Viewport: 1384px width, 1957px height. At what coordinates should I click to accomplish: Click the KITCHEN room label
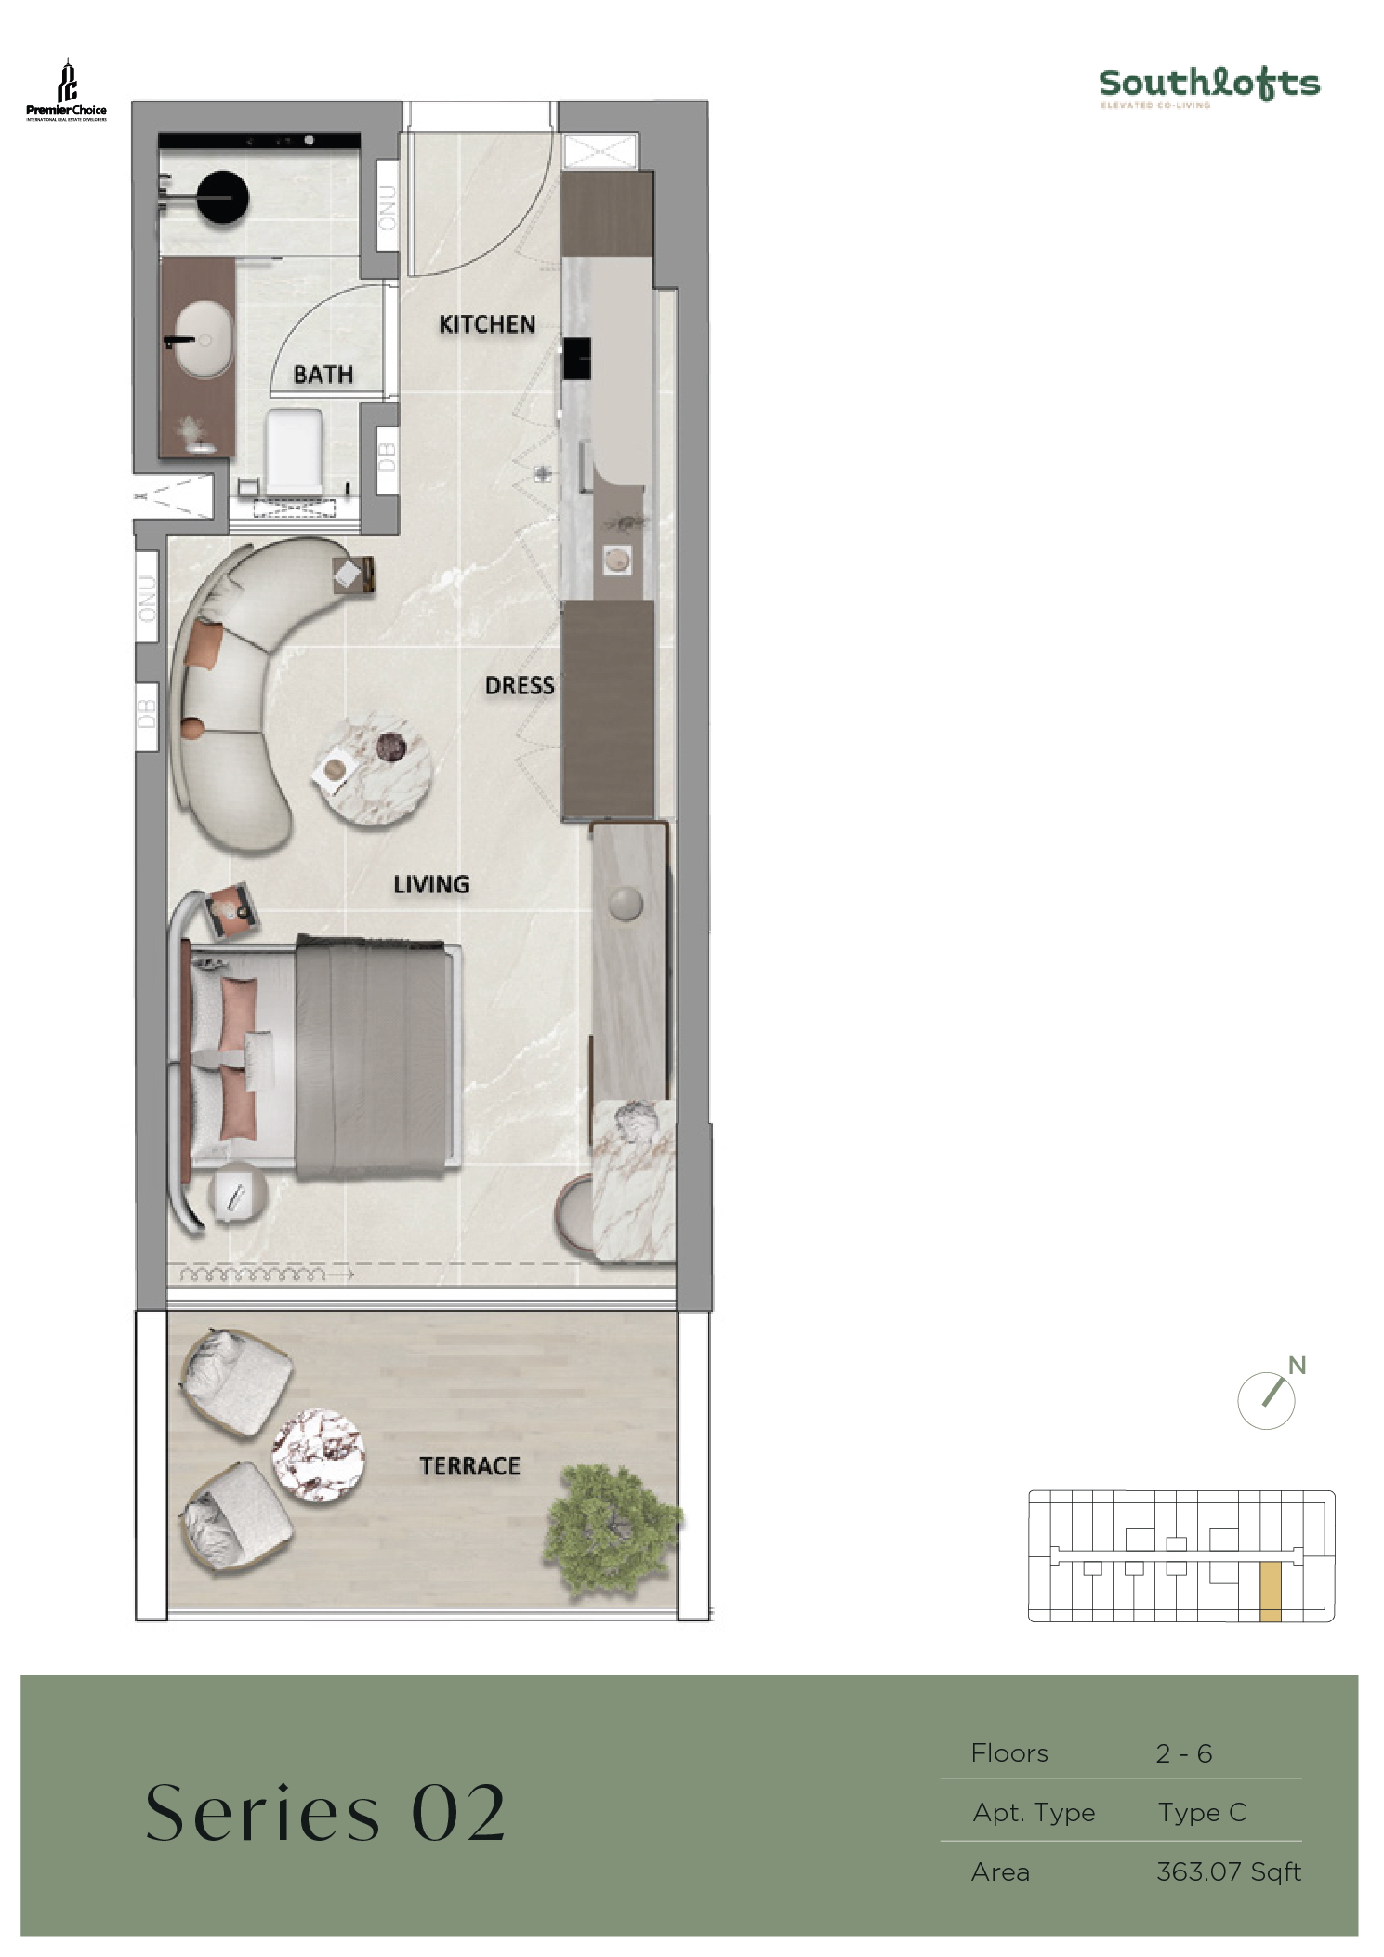pyautogui.click(x=487, y=324)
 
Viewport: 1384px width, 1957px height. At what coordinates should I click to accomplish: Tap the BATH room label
pyautogui.click(x=323, y=375)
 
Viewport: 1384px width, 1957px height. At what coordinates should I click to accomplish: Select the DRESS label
pyautogui.click(x=520, y=686)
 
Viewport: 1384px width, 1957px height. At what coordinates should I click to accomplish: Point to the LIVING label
pyautogui.click(x=431, y=884)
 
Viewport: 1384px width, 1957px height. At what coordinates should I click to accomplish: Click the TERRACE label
pyautogui.click(x=469, y=1466)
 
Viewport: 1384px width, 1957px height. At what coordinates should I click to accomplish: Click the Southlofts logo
pyautogui.click(x=1208, y=86)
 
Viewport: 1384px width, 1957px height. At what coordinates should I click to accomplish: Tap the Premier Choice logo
pyautogui.click(x=66, y=91)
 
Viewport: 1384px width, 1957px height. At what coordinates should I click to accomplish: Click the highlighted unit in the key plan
pyautogui.click(x=1270, y=1593)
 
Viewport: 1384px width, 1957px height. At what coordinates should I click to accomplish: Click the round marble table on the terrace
pyautogui.click(x=318, y=1456)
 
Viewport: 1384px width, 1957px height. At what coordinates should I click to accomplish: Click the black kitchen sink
pyautogui.click(x=577, y=358)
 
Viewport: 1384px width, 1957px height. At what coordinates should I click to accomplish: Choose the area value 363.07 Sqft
pyautogui.click(x=1228, y=1871)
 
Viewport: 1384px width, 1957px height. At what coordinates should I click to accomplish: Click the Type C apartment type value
pyautogui.click(x=1201, y=1812)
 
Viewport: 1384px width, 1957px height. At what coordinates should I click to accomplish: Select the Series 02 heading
pyautogui.click(x=325, y=1814)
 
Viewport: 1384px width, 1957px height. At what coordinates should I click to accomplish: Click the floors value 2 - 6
pyautogui.click(x=1183, y=1753)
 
